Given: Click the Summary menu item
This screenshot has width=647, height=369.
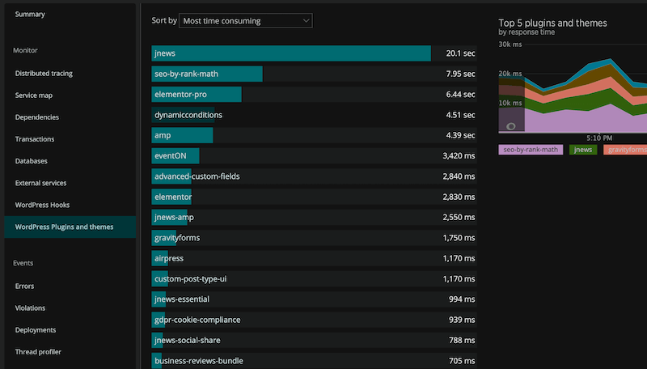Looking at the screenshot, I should tap(30, 15).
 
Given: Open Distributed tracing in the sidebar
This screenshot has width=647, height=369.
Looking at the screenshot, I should tap(44, 74).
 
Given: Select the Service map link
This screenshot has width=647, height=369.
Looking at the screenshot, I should tap(34, 95).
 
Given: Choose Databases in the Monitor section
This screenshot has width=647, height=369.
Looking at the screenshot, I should tap(31, 161).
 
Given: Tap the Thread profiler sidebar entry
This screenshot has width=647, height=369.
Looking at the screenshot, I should tap(38, 352).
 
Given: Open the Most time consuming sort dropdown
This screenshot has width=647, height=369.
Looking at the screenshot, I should tap(245, 21).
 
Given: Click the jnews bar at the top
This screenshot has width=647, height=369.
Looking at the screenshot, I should tap(291, 53).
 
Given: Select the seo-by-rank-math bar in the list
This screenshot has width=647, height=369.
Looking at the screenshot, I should tap(207, 74).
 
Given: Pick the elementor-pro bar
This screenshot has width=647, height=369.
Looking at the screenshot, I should tap(197, 95).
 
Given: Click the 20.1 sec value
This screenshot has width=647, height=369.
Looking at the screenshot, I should tap(460, 53).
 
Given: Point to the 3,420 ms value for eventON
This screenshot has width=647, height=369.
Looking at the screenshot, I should tap(459, 155).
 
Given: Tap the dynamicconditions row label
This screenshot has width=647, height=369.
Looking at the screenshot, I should tap(188, 115).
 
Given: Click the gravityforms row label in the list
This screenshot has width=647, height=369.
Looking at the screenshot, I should tap(176, 238).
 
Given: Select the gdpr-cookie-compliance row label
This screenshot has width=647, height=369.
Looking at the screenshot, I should tap(197, 320).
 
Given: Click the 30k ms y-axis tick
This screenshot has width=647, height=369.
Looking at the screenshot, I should tap(510, 44).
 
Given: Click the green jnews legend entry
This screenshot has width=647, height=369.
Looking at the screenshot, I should tap(583, 150).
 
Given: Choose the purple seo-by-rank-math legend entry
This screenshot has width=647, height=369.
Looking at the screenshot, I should tap(531, 150).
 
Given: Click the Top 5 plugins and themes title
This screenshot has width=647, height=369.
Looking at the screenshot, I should tap(552, 23).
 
